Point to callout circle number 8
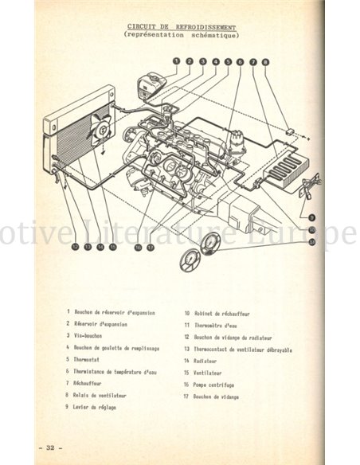point(265,61)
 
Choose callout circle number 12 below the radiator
point(75,247)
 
